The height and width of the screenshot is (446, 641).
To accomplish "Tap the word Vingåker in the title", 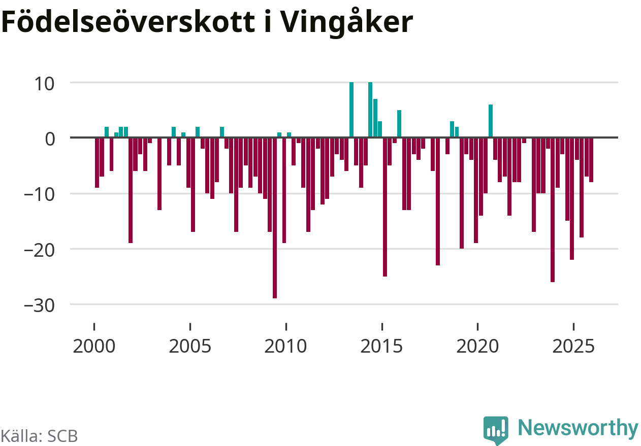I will click(346, 23).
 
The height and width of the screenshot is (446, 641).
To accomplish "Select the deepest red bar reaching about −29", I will click(275, 218).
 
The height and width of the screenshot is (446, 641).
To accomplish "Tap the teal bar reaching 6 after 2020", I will click(491, 121).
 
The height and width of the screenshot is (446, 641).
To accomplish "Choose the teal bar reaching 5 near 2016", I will click(399, 124).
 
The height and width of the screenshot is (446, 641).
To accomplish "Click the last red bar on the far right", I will click(591, 160).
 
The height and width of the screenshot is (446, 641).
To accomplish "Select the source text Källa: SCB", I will click(39, 436).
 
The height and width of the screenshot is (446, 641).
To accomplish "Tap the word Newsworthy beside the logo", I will click(578, 428).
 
